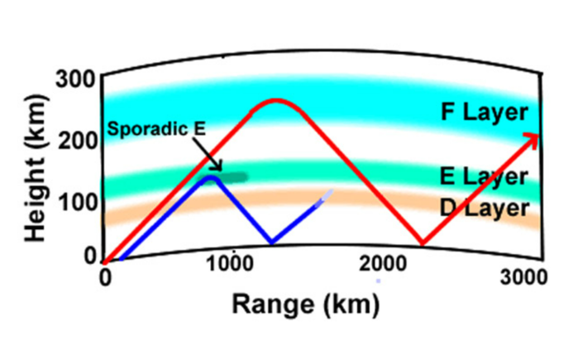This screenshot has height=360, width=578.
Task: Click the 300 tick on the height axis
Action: (78, 79)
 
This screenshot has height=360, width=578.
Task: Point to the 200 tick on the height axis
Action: (78, 140)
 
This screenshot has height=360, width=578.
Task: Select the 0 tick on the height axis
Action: (90, 256)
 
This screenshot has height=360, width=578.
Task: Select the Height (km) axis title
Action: (35, 166)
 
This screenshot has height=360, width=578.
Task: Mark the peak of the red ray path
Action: (277, 100)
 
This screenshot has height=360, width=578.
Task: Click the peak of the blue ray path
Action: (212, 176)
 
